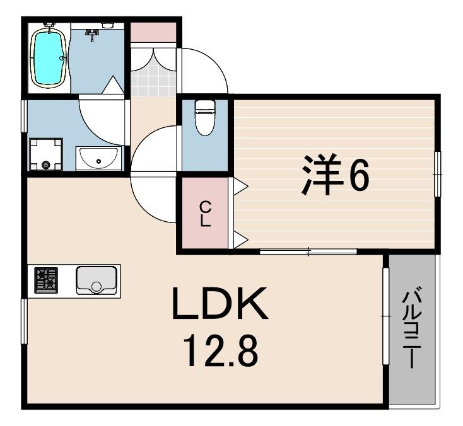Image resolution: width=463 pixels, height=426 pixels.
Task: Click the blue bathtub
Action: point(49,57)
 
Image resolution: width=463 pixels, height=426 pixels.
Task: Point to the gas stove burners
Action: point(45,280)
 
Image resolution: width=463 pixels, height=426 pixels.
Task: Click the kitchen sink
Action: point(96,280)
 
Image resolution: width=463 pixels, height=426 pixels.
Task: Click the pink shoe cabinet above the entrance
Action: point(153,32)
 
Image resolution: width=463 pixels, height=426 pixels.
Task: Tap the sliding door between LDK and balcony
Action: point(384,315)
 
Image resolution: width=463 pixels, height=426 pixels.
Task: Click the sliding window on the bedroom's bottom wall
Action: point(308,251)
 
